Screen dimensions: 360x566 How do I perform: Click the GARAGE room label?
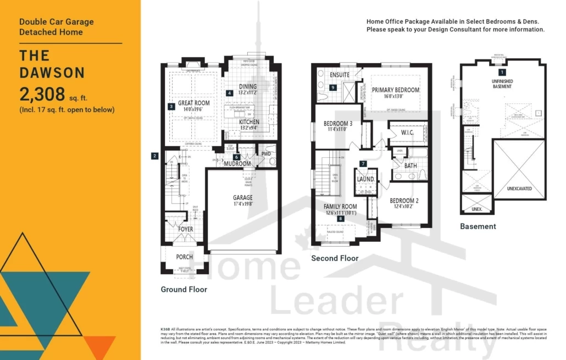(x=242, y=198)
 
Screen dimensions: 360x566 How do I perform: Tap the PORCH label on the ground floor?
(x=184, y=257)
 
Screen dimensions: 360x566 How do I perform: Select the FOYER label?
(x=185, y=229)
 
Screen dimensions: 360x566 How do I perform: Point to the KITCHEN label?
(x=249, y=121)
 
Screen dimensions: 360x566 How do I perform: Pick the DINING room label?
(x=248, y=86)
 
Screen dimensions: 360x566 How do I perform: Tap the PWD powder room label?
(x=266, y=154)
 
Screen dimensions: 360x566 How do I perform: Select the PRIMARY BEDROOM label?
(x=395, y=90)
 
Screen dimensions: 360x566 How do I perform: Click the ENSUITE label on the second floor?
(x=340, y=75)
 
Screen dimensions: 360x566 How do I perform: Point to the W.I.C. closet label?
(x=407, y=132)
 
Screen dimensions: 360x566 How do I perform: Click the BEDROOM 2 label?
(x=404, y=201)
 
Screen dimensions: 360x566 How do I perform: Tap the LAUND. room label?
(x=365, y=179)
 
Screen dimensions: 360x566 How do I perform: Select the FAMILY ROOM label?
(x=340, y=207)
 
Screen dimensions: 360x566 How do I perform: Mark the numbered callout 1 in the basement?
(x=501, y=72)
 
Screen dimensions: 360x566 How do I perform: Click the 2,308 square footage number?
(x=42, y=94)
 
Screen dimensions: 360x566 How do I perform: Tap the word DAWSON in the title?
(x=52, y=73)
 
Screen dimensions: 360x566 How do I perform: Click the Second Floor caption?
(x=335, y=258)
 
